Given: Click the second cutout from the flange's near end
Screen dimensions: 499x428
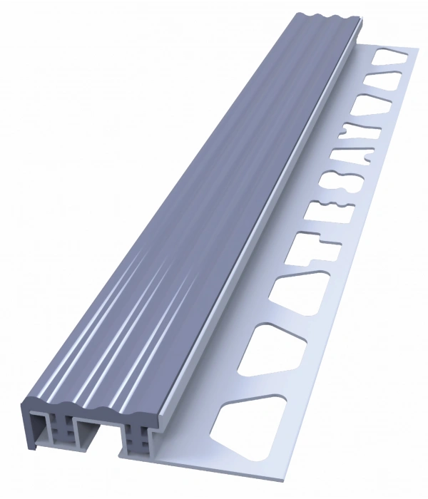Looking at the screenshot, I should click(271, 349).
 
